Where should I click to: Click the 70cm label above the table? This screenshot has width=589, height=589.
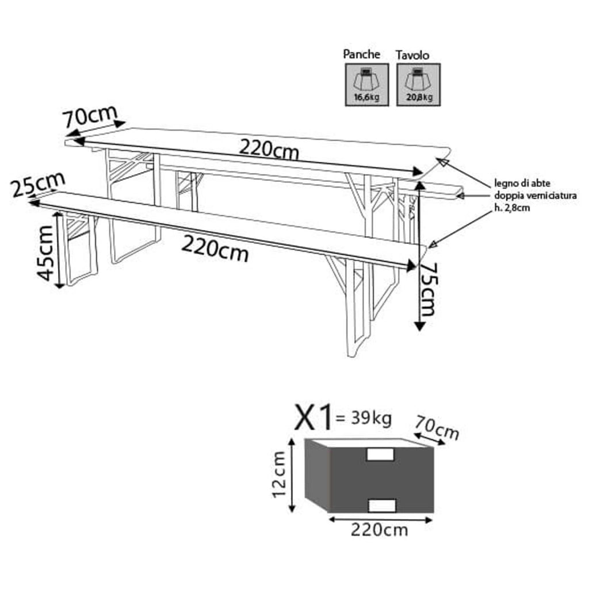[90, 116]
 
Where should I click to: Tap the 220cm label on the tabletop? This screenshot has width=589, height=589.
[269, 149]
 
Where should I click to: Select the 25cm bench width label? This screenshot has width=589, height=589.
[37, 185]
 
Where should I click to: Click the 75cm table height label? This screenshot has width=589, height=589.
[427, 289]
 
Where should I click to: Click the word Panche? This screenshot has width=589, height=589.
[361, 55]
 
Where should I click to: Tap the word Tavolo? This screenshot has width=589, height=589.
[412, 55]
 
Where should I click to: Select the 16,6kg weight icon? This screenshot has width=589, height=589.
[366, 85]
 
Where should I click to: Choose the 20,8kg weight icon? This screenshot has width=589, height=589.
[419, 85]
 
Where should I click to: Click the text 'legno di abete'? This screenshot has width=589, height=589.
[522, 183]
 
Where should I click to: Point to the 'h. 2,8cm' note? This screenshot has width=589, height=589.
[512, 208]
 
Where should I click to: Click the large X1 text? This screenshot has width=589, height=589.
[314, 417]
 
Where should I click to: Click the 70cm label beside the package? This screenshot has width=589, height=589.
[437, 428]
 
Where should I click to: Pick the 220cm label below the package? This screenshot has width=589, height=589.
[379, 530]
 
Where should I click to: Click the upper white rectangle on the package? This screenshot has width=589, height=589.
[381, 454]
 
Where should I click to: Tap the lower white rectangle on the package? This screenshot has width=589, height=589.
[382, 505]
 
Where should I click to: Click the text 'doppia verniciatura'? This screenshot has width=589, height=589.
[536, 196]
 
